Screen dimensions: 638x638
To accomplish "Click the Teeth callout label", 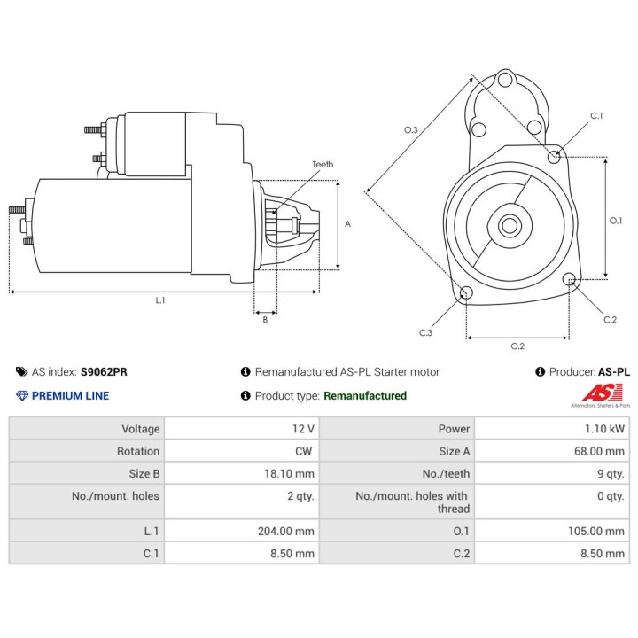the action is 323,165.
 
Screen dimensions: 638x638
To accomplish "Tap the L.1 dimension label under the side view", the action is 160,300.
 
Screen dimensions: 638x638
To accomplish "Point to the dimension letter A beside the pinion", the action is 347,224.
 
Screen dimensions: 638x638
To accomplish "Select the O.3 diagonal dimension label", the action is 411,129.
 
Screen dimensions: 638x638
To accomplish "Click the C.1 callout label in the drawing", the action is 596,116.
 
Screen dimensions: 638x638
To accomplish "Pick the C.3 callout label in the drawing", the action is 425,333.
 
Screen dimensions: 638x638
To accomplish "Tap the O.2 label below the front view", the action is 517,346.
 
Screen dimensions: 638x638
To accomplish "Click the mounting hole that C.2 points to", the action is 569,279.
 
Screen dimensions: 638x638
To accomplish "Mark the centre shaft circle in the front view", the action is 510,225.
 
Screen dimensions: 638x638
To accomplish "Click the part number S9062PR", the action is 104,372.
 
